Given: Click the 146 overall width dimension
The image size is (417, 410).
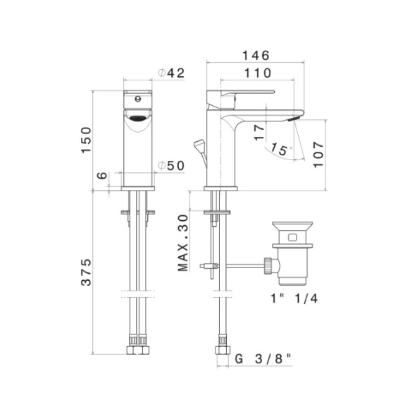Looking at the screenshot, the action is coord(256,56).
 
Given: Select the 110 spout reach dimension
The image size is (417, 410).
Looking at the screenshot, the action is coord(257,73).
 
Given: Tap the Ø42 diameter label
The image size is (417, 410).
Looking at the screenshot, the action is coord(171,73).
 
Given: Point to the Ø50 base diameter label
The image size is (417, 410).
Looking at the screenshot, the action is coord(171,166).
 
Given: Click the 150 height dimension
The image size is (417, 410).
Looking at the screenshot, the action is coord(86,140).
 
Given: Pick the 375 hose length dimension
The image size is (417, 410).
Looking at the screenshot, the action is coord(86,272).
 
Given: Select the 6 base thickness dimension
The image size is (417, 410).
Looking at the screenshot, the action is coord(102,176).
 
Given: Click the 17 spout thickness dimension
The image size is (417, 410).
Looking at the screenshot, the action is coord(259,133).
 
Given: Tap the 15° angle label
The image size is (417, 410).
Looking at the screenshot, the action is coord(281,150).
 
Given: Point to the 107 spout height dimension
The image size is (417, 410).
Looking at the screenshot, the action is coord(318,155).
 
